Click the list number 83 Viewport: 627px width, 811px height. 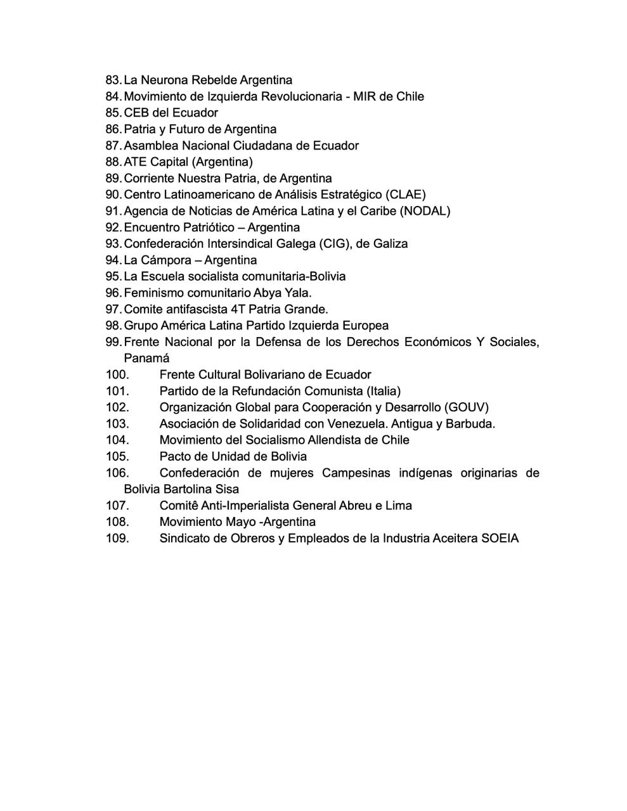click(113, 80)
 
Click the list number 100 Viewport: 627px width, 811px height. click(117, 374)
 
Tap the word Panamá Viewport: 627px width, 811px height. click(146, 358)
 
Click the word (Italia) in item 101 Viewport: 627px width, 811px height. click(383, 391)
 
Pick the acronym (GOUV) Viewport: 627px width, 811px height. click(467, 407)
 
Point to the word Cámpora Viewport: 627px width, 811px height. click(166, 260)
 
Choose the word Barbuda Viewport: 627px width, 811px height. click(470, 424)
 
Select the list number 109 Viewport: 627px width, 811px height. click(117, 539)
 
